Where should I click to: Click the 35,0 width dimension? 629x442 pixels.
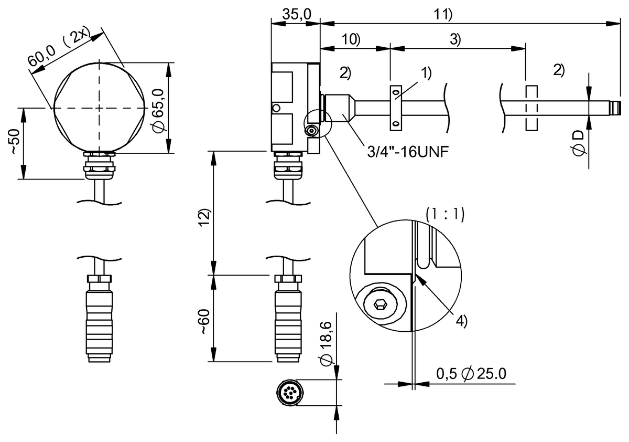click(x=295, y=15)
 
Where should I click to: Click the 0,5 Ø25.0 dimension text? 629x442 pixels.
click(x=471, y=373)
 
